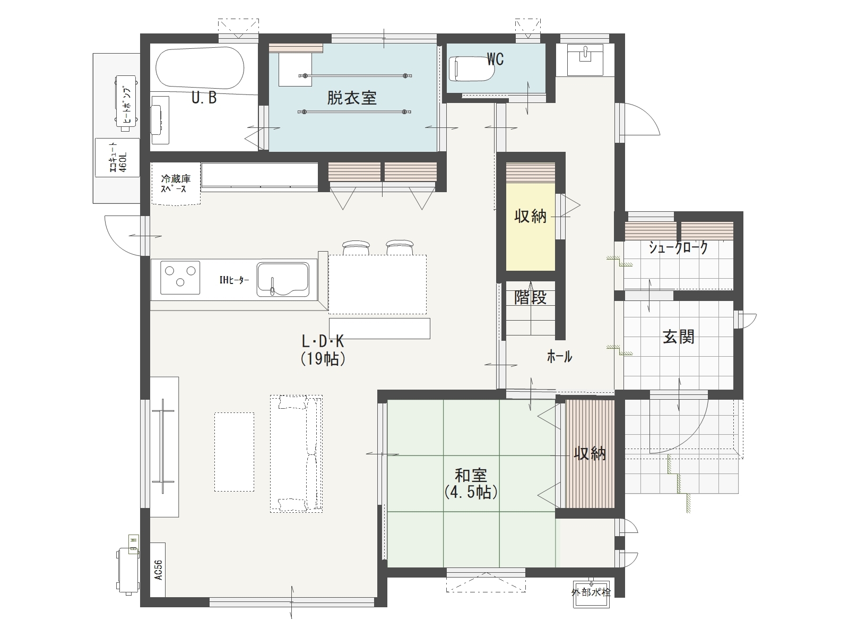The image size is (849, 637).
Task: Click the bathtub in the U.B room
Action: (x=200, y=68)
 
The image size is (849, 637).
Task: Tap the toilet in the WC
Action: (x=472, y=68)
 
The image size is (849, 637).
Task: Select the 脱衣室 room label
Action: (x=352, y=98)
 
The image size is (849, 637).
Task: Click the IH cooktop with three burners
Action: (x=180, y=278)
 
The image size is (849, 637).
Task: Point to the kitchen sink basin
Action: (x=283, y=280)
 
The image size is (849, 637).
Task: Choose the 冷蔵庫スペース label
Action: (x=176, y=184)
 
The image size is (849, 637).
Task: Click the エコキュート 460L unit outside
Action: (x=117, y=158)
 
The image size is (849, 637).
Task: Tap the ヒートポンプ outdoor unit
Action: (x=126, y=102)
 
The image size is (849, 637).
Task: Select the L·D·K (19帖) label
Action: (x=323, y=350)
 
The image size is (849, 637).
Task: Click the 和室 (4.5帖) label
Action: (x=471, y=484)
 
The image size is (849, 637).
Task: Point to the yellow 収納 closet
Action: (x=530, y=227)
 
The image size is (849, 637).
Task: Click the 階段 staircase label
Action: (x=530, y=297)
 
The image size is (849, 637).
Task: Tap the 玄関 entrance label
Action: (x=679, y=337)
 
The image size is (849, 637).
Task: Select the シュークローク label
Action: (x=678, y=247)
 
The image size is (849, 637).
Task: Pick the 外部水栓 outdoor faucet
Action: (x=591, y=593)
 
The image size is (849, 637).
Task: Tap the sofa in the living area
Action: (x=296, y=454)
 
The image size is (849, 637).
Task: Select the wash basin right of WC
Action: (x=585, y=60)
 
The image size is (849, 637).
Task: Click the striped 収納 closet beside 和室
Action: (x=590, y=454)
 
